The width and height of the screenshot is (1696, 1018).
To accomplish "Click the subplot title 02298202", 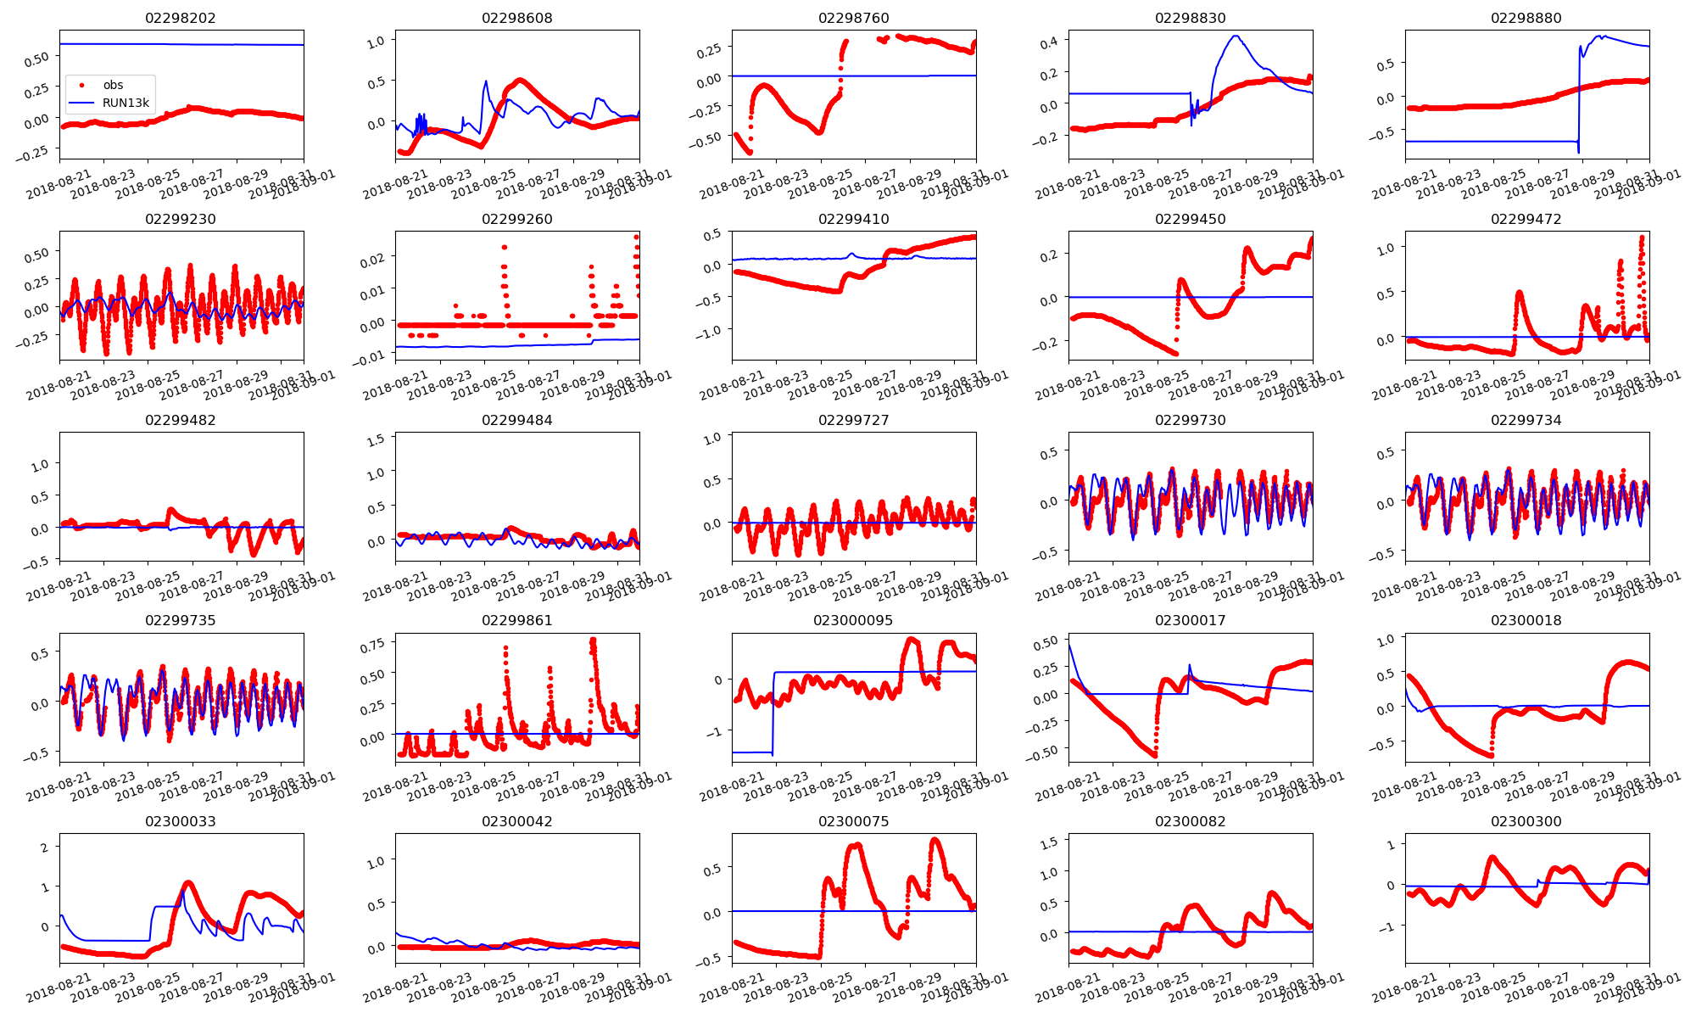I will [181, 18].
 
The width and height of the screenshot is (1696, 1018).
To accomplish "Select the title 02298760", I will [853, 18].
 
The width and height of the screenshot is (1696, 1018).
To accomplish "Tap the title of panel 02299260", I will [516, 219].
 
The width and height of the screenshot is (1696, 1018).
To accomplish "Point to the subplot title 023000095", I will [853, 620].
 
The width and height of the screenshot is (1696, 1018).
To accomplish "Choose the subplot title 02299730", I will [1190, 420].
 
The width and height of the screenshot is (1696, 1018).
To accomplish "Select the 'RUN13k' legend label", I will [126, 103].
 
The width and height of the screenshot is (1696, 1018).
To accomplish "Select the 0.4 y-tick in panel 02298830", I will [1048, 42].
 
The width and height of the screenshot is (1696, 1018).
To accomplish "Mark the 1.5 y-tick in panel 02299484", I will [375, 439].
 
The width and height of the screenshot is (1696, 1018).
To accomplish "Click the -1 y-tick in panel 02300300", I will [1387, 927].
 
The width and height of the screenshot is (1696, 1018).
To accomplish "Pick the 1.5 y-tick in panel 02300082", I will [1048, 842].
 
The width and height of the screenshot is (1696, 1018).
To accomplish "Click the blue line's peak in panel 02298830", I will [1236, 36].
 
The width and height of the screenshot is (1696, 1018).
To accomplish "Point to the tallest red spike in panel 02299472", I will [1642, 238].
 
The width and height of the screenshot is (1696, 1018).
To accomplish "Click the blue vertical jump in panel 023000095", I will [773, 713].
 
